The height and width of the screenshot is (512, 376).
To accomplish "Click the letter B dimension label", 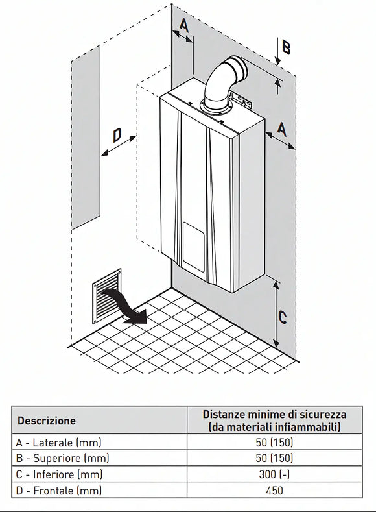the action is pyautogui.click(x=286, y=47).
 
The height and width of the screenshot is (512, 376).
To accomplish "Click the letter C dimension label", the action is pyautogui.click(x=283, y=317).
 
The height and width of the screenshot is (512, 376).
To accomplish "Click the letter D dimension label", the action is pyautogui.click(x=117, y=136).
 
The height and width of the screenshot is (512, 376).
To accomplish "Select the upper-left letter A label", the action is pyautogui.click(x=184, y=25).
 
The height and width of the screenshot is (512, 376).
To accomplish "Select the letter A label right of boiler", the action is pyautogui.click(x=282, y=128).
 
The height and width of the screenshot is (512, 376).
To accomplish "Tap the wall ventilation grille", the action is pyautogui.click(x=107, y=296).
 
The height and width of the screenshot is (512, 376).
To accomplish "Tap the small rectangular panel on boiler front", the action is pyautogui.click(x=194, y=247).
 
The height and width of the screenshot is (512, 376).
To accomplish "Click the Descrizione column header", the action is pyautogui.click(x=46, y=421).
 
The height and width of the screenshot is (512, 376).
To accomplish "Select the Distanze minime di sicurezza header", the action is pyautogui.click(x=275, y=421).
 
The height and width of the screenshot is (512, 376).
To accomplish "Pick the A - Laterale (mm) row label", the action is pyautogui.click(x=59, y=443).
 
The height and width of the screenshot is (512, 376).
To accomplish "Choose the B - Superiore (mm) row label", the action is pyautogui.click(x=62, y=458).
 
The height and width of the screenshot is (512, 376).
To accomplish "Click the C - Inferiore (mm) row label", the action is pyautogui.click(x=60, y=474).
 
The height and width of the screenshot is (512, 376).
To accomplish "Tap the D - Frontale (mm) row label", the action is pyautogui.click(x=59, y=490).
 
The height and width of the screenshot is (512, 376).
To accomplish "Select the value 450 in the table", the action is pyautogui.click(x=274, y=491).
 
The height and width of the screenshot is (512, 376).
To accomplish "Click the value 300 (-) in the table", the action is pyautogui.click(x=274, y=474).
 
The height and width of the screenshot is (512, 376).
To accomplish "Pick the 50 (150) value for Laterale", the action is pyautogui.click(x=274, y=443).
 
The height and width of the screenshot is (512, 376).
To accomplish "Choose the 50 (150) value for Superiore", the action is pyautogui.click(x=274, y=458).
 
